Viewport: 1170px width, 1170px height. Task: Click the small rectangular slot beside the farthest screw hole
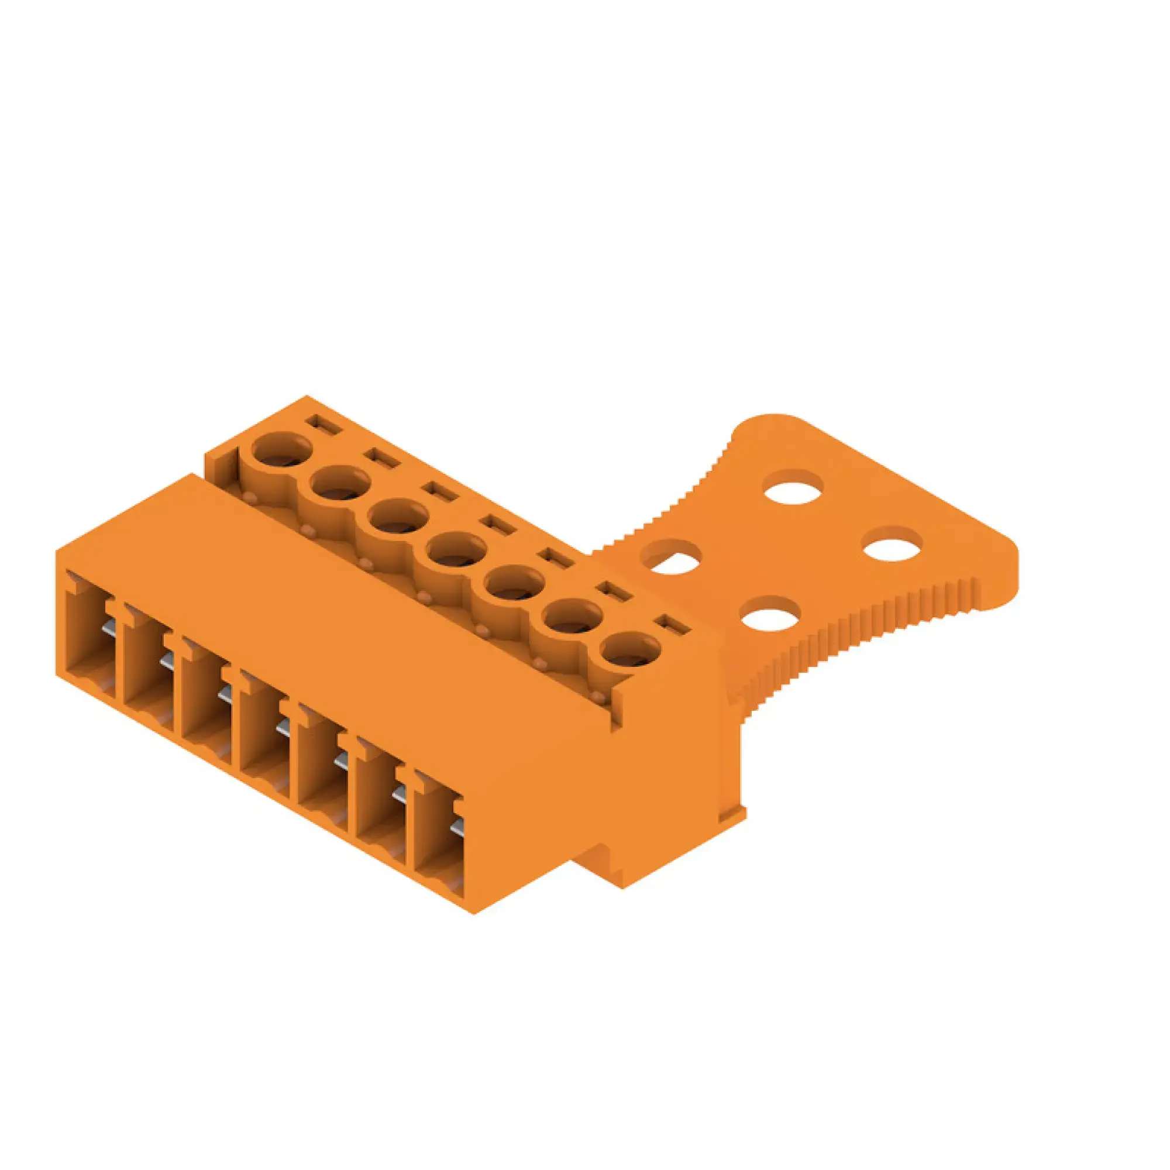[x=324, y=424]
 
